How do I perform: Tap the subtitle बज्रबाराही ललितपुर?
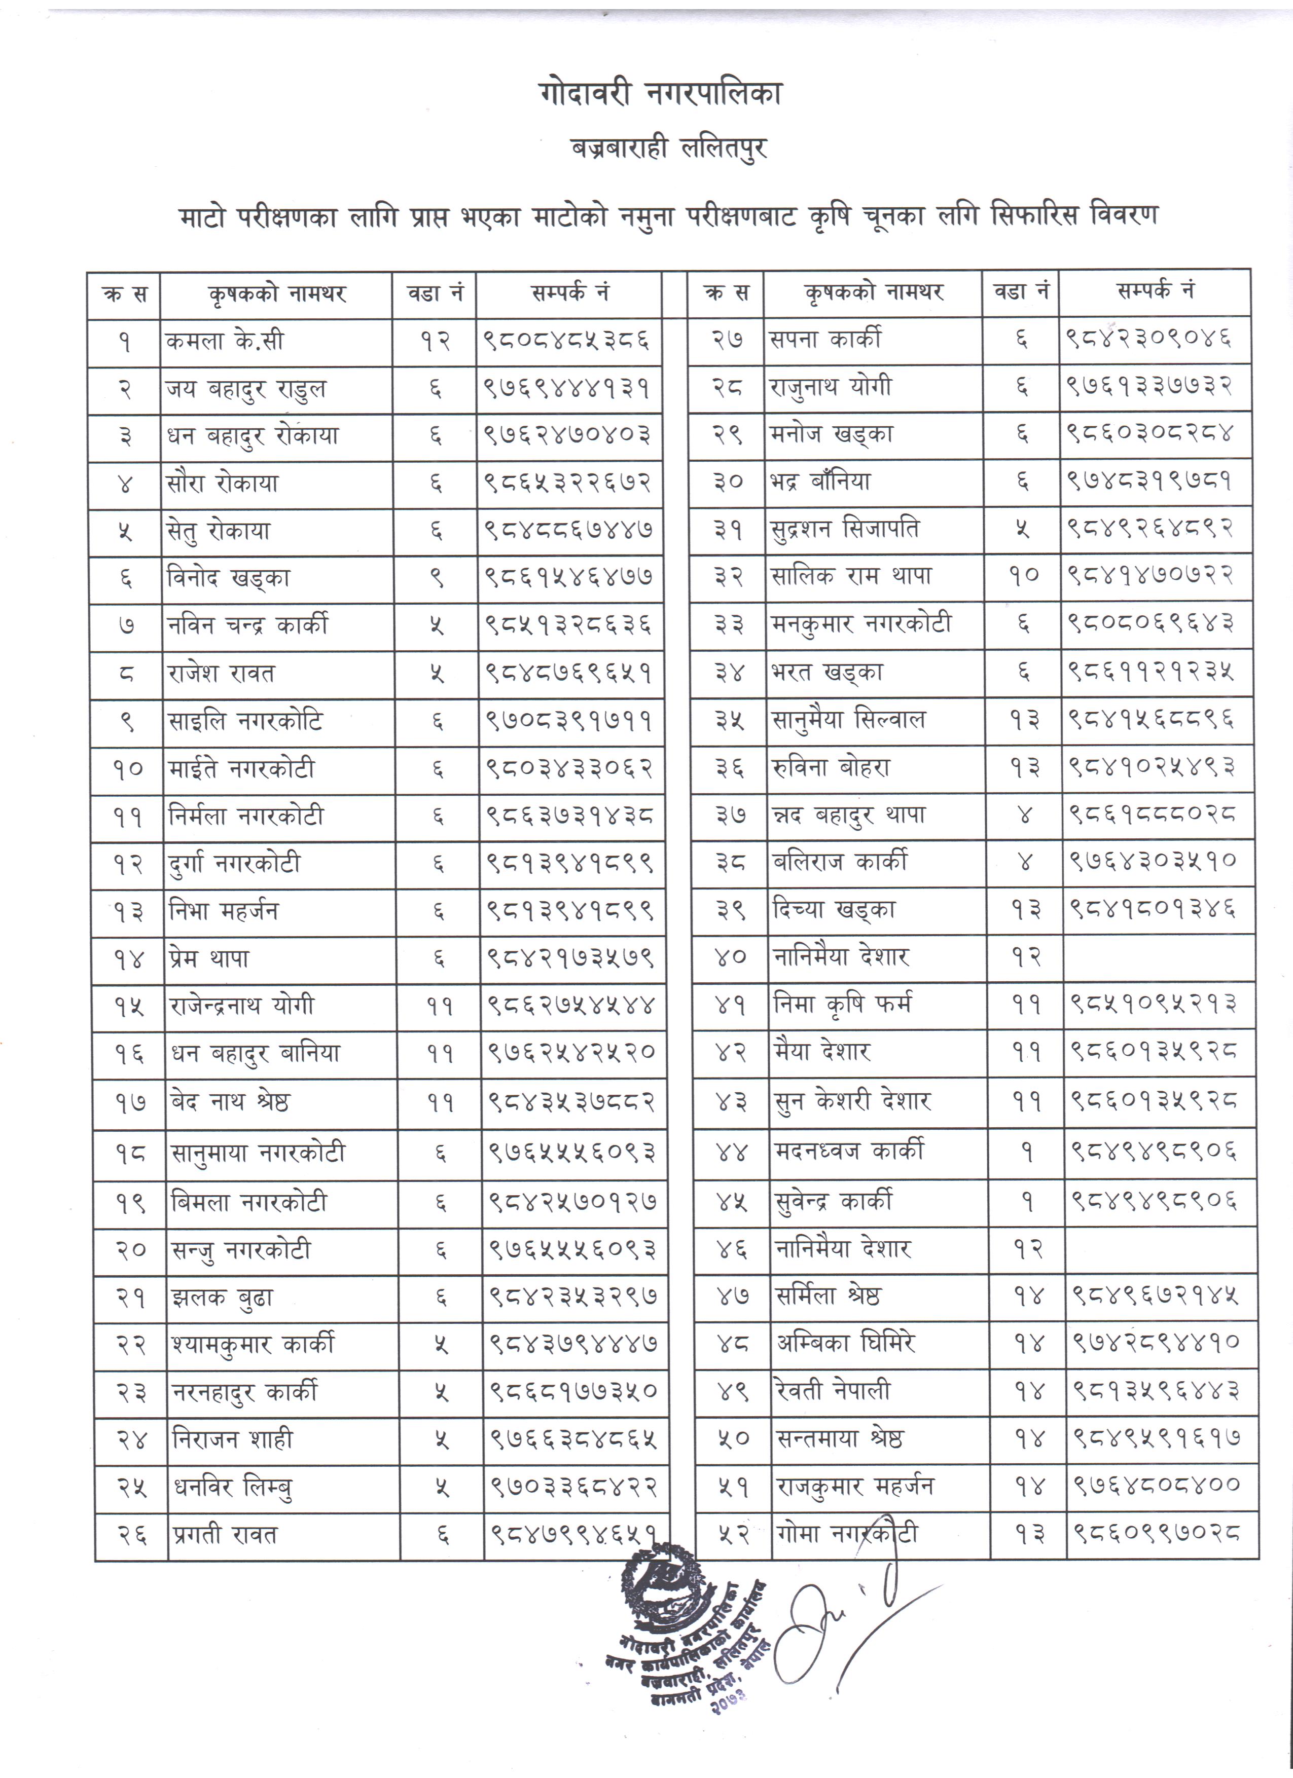(668, 148)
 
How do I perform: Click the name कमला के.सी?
(225, 342)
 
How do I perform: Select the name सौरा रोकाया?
(223, 484)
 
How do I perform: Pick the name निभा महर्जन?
(224, 911)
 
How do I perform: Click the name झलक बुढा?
(223, 1298)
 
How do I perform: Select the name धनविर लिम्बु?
(233, 1487)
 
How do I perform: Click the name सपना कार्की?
(825, 340)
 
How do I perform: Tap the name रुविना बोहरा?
(831, 767)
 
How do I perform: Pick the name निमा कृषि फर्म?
(843, 1004)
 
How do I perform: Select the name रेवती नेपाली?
(834, 1391)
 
